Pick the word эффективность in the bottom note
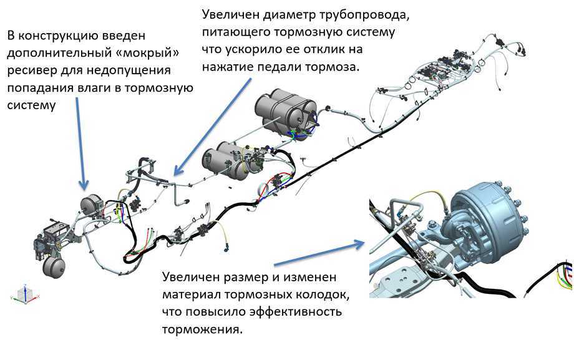coord(298,311)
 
